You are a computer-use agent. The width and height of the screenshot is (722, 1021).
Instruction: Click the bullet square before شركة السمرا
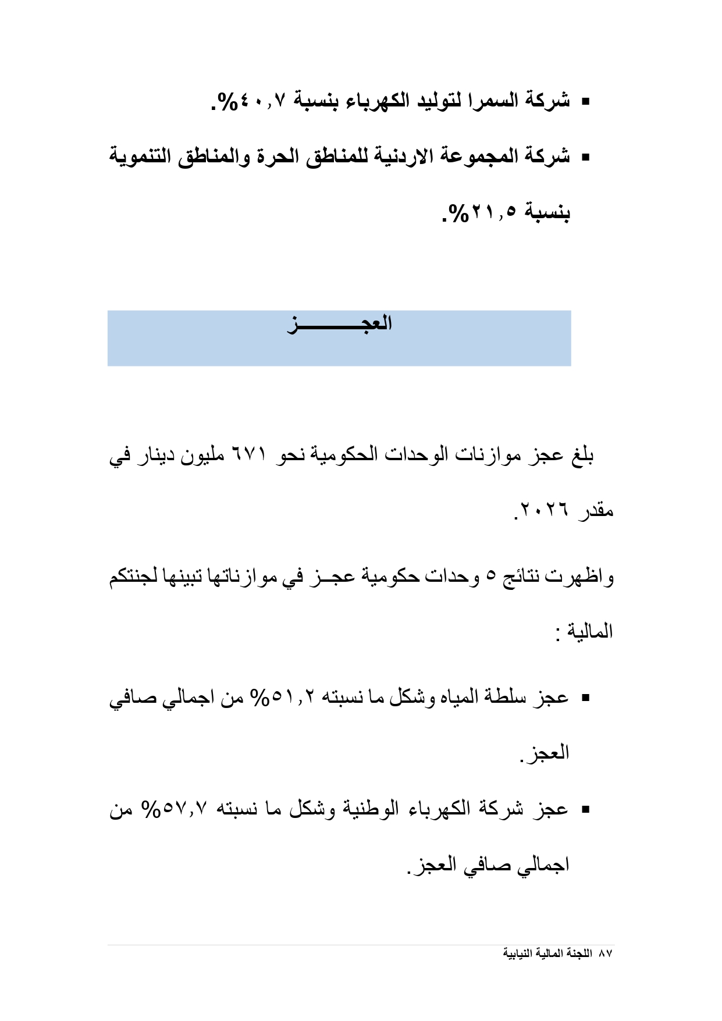[585, 102]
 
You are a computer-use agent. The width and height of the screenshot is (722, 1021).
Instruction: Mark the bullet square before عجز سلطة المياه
[585, 698]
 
